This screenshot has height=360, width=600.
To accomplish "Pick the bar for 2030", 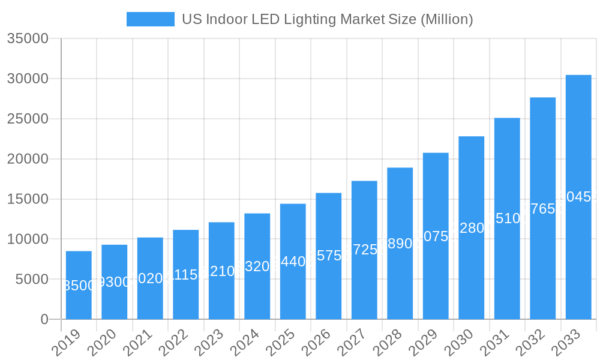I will point(471,227).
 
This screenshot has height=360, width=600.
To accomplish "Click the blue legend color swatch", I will point(150,19).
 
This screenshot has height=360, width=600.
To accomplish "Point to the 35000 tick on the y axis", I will point(28,39).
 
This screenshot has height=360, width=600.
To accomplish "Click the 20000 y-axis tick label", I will point(28,159).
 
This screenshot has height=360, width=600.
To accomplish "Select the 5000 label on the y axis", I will point(31,279).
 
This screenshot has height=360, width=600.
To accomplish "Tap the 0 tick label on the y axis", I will point(44,319).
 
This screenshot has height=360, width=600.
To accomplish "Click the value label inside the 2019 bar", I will point(79,286).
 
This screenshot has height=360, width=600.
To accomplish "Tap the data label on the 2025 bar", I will point(293,262).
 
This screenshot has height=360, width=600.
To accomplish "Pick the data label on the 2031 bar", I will point(507,218).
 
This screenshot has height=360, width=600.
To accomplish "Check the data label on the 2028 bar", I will point(400,244).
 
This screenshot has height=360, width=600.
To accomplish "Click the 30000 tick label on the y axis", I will point(28,79).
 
